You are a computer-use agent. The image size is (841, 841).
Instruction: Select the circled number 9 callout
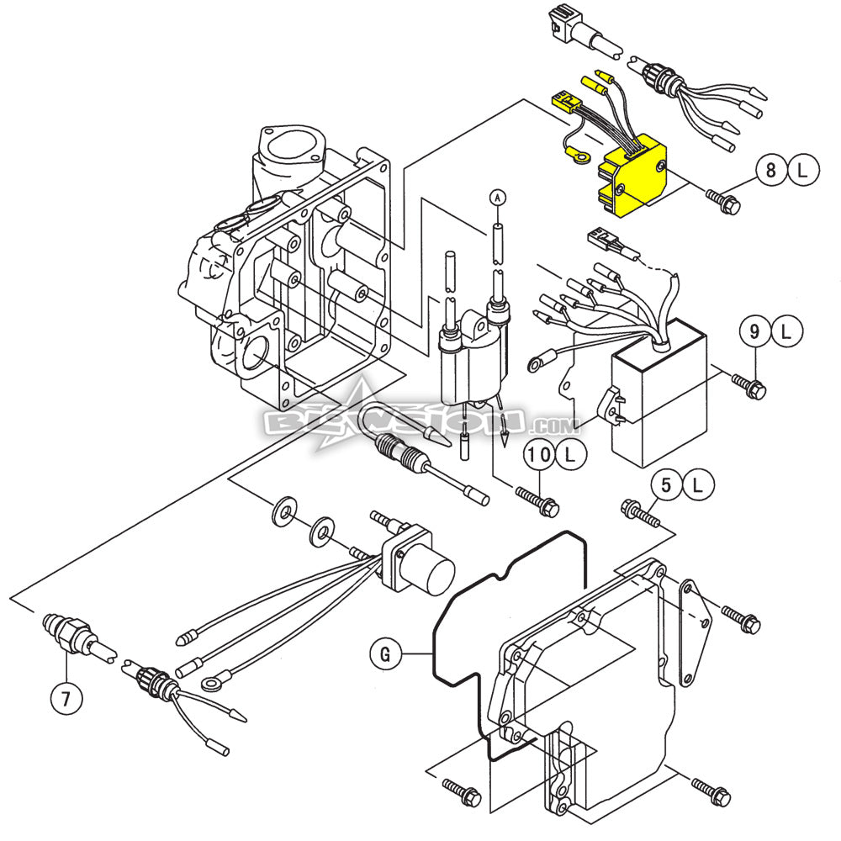coord(754,332)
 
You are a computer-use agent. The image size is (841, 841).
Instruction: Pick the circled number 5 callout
coord(665,484)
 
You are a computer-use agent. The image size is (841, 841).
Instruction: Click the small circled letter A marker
coord(497,197)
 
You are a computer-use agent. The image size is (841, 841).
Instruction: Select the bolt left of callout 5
coord(638,510)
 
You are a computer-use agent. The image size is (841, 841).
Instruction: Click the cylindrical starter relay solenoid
coord(437,576)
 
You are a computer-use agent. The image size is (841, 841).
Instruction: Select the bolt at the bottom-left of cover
coord(461,792)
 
